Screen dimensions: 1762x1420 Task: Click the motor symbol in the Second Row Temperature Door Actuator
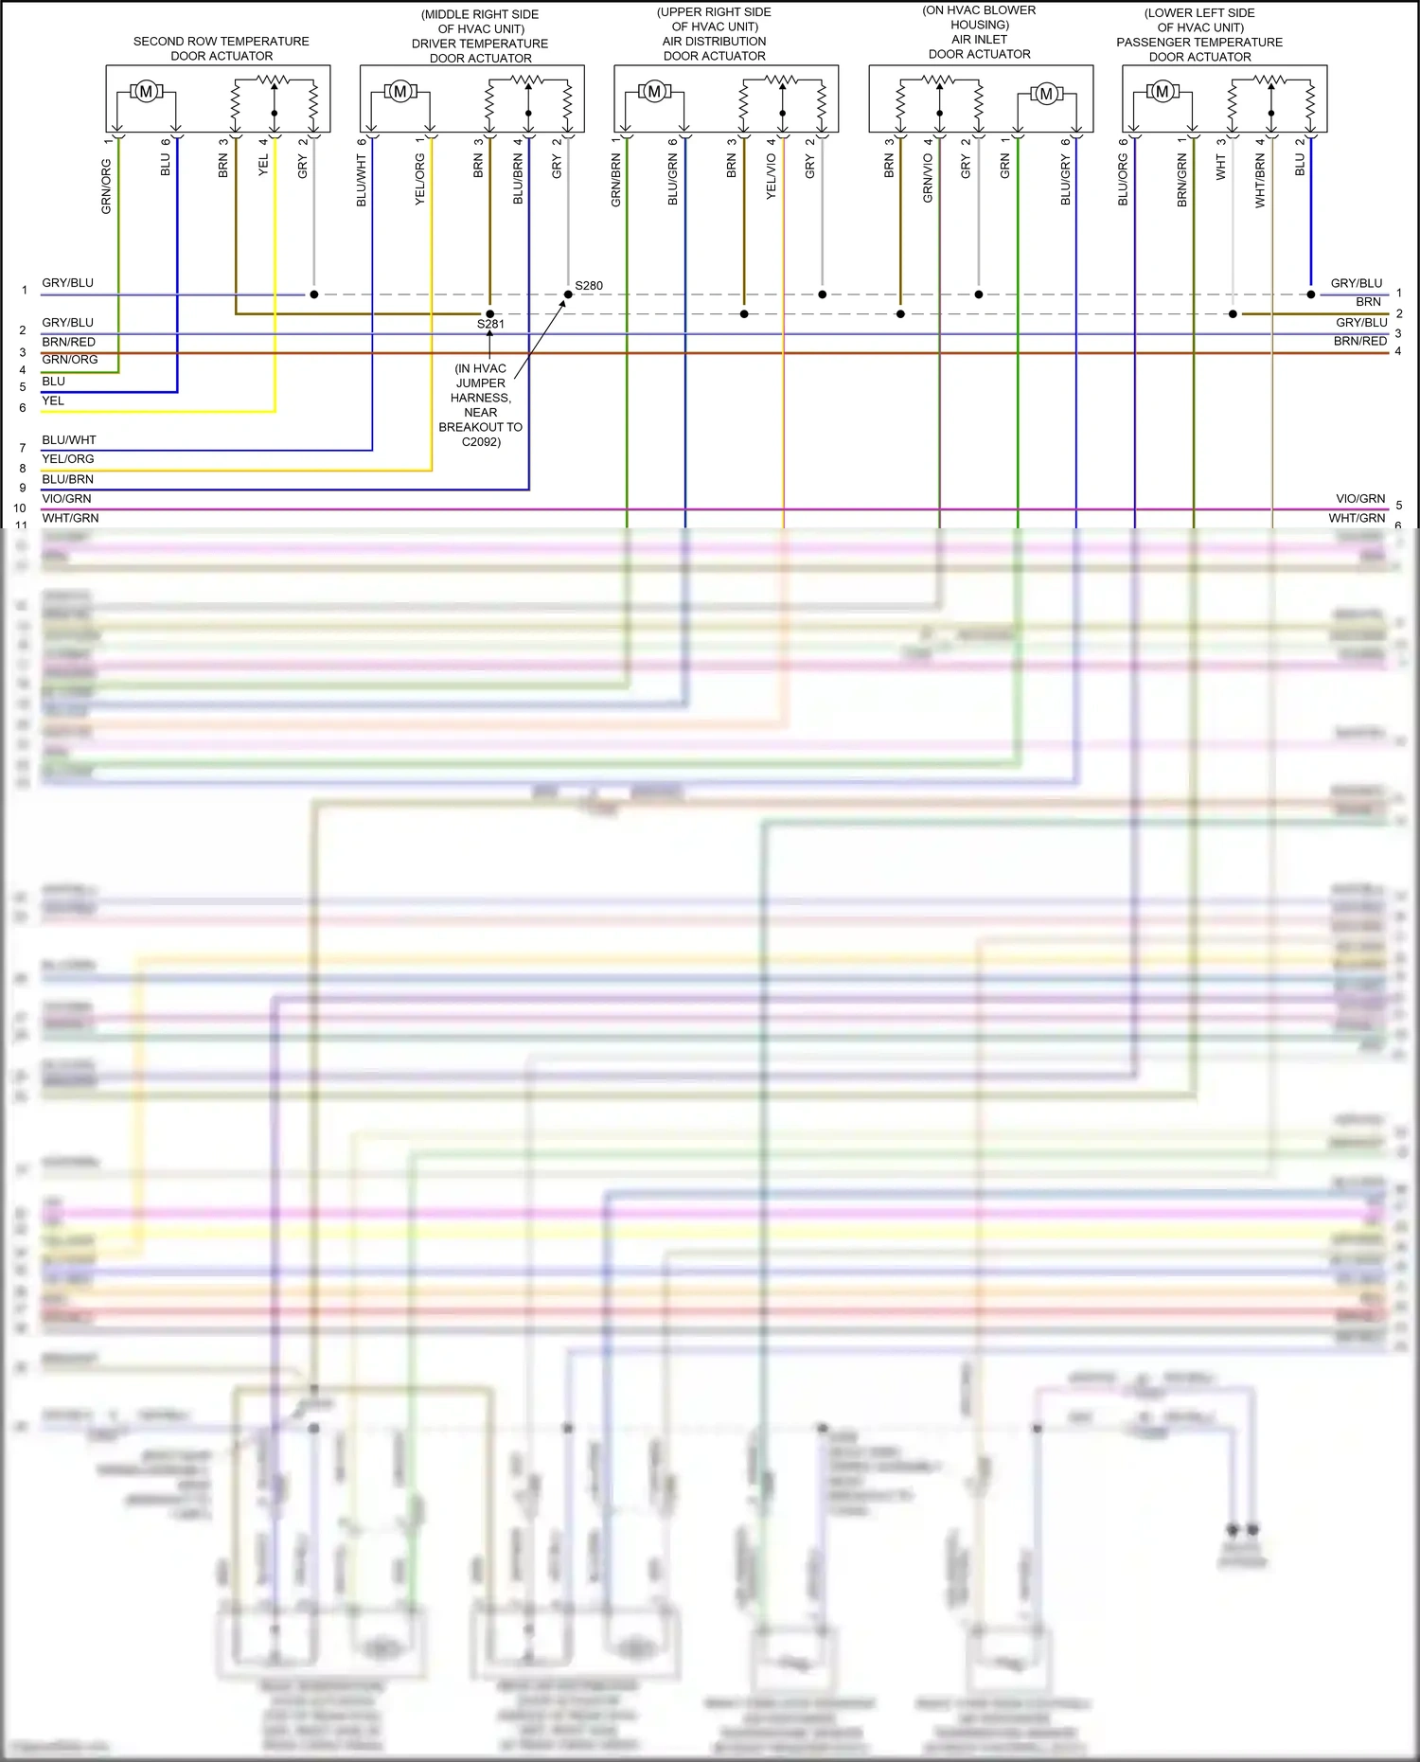pos(146,92)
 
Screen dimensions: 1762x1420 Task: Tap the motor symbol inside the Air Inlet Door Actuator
pos(1046,94)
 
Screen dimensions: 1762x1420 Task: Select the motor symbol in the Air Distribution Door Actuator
pos(654,92)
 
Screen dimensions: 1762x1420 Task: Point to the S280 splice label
pos(589,285)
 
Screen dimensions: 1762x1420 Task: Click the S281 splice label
pos(490,324)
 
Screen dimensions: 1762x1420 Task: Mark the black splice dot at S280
pos(568,294)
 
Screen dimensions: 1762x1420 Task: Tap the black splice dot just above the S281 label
pos(489,313)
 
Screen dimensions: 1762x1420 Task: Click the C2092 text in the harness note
pos(481,441)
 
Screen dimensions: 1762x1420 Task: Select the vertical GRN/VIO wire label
pos(928,178)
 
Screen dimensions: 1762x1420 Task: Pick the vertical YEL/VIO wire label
pos(771,176)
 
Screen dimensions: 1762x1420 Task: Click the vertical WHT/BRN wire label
pos(1260,181)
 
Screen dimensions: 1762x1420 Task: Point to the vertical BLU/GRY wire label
pos(1065,181)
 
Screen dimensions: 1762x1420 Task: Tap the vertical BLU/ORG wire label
pos(1124,180)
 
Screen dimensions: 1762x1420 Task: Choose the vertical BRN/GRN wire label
pos(1181,181)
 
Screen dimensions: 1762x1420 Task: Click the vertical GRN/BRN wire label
pos(615,181)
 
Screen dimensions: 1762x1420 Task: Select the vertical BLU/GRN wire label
pos(673,181)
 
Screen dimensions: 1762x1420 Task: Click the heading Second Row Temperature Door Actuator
pos(222,48)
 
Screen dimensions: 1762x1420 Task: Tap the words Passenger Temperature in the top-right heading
pos(1199,43)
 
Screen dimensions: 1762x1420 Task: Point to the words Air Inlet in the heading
pos(980,40)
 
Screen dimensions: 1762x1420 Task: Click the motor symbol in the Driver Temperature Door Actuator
pos(399,92)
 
